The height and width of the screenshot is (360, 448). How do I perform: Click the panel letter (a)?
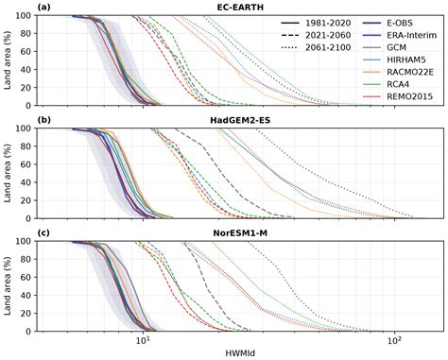(x=16, y=7)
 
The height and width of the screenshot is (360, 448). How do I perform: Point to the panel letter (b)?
(x=16, y=120)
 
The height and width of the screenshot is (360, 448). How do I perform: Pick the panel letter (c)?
(x=16, y=233)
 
